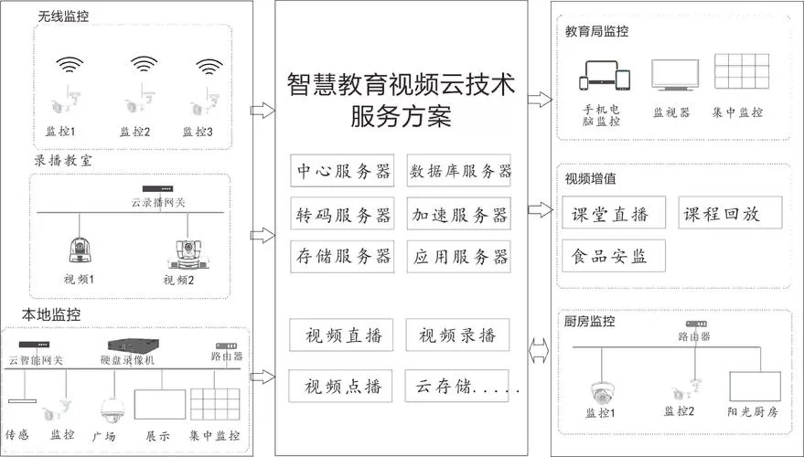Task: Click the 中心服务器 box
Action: point(342,171)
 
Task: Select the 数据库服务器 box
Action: point(458,171)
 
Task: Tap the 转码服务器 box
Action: point(342,214)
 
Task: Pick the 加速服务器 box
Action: point(458,214)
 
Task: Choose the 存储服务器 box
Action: point(342,256)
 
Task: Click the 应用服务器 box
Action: point(458,256)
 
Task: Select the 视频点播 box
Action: point(342,385)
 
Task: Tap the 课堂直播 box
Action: point(611,214)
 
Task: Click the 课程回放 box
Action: point(733,214)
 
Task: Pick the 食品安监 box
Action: point(611,256)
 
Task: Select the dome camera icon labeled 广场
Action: point(112,408)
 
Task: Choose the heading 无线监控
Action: point(65,16)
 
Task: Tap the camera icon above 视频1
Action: point(76,248)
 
